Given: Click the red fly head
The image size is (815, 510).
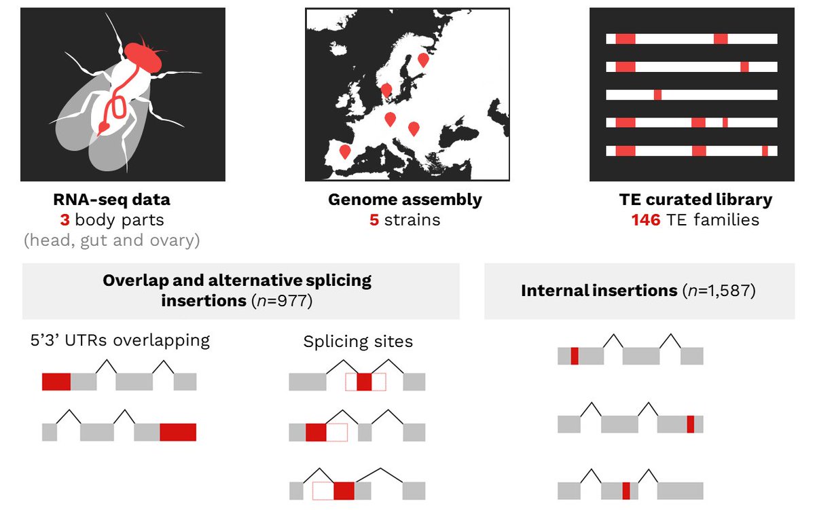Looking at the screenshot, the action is click(x=144, y=58).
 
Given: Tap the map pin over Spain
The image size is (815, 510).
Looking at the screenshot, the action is click(x=345, y=151).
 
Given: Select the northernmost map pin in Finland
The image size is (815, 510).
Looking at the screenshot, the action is click(x=423, y=59).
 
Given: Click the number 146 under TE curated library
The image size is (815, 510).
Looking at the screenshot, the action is click(x=645, y=220).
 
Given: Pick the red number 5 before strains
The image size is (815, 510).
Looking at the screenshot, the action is click(x=374, y=220).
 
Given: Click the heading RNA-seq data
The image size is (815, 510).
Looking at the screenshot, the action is click(x=111, y=200).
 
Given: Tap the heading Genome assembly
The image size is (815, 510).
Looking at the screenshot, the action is click(x=405, y=200).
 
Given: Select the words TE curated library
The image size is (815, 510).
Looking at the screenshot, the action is click(x=695, y=200).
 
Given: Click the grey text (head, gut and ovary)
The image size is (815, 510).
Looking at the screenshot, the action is click(x=111, y=240).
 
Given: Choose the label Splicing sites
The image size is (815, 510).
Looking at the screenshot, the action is click(x=358, y=341).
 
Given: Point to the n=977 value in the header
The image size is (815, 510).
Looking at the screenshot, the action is click(x=280, y=300).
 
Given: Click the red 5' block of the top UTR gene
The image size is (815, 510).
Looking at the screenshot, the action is click(x=56, y=382).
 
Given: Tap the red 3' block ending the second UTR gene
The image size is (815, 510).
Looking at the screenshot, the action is click(x=178, y=432).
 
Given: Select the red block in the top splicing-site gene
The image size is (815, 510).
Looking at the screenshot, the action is click(x=364, y=382).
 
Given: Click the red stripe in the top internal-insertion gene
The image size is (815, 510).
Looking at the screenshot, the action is click(x=575, y=356).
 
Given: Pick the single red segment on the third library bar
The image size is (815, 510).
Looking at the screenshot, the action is click(x=657, y=94).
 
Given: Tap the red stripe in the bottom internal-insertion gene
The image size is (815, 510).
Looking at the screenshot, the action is click(x=626, y=491).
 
